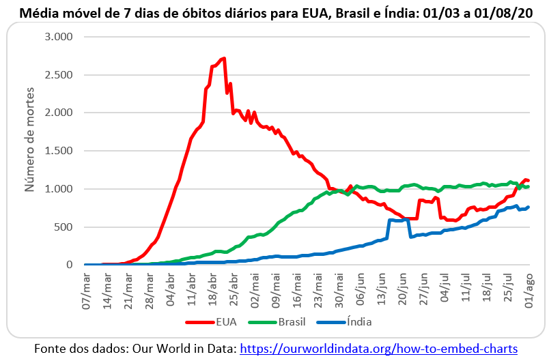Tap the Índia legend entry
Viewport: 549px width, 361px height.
pos(358,321)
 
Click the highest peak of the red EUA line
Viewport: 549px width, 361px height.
pos(223,59)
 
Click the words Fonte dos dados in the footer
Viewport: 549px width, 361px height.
pos(77,348)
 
